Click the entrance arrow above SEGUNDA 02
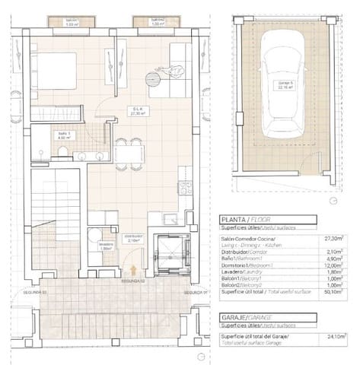134,269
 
